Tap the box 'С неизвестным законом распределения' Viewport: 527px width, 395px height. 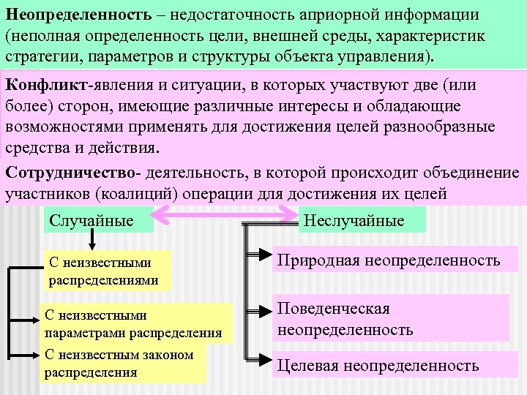click(122, 363)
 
